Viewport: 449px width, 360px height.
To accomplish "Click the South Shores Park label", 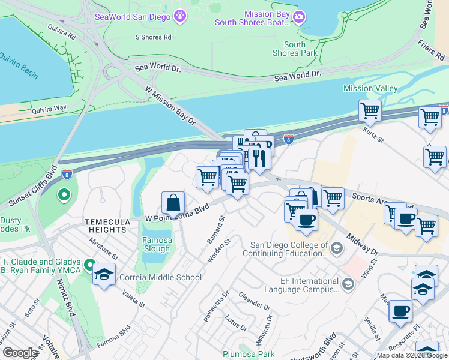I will (295, 49).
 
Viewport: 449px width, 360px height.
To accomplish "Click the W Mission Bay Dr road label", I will (171, 105).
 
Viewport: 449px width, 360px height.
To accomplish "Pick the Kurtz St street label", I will (373, 134).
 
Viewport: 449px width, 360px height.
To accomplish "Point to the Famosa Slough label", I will (157, 245).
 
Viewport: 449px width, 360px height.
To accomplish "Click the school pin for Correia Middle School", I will (104, 274).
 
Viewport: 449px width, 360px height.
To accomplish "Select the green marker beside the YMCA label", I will (89, 265).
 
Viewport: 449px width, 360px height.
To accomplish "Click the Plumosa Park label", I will (249, 354).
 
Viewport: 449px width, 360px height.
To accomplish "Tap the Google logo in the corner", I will (20, 353).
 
